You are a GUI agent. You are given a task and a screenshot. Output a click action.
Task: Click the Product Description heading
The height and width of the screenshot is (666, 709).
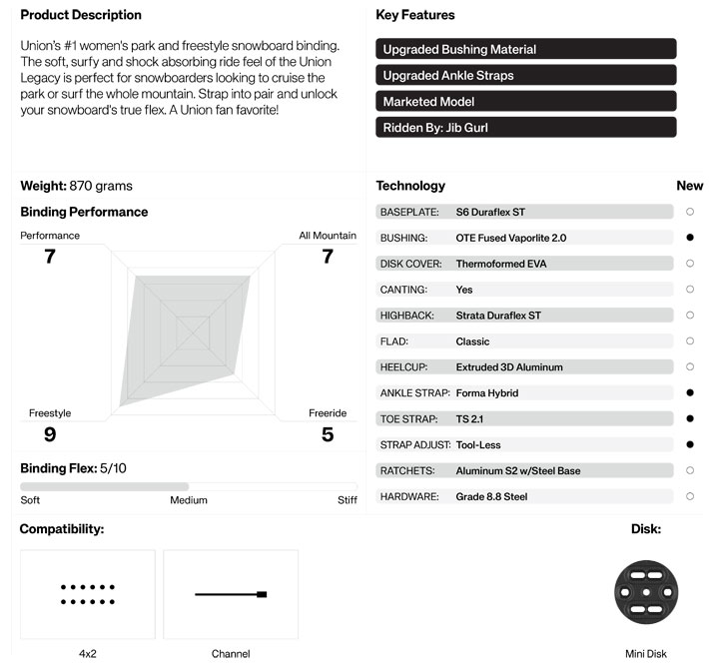(x=81, y=15)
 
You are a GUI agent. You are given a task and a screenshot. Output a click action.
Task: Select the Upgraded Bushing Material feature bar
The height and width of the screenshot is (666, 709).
(x=526, y=49)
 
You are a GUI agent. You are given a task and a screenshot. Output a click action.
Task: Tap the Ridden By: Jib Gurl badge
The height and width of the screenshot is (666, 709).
(x=526, y=128)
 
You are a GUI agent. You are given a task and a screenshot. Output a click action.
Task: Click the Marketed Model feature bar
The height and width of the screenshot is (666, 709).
(x=526, y=102)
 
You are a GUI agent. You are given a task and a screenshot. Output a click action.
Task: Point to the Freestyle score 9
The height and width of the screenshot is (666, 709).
(x=50, y=434)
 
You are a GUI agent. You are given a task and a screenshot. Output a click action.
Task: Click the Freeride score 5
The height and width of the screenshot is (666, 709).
(x=327, y=434)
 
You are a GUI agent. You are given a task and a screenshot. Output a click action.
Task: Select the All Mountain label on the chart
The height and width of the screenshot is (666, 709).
(x=328, y=236)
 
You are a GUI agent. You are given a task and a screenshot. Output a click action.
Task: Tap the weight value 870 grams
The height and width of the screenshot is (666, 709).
(x=101, y=186)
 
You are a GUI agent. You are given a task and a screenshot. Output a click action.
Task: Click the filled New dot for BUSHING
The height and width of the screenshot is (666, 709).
(x=690, y=238)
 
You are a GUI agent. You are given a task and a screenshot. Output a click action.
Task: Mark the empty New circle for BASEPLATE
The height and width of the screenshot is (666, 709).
(x=690, y=212)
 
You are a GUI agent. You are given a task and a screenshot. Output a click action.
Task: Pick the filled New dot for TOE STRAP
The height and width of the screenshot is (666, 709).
(x=690, y=419)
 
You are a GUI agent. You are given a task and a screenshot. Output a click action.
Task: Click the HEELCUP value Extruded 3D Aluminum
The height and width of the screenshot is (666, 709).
(x=509, y=367)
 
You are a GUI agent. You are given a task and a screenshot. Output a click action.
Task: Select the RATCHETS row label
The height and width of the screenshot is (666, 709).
(x=403, y=471)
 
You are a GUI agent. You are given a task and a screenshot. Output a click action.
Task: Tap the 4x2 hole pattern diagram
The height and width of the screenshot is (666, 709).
(x=88, y=594)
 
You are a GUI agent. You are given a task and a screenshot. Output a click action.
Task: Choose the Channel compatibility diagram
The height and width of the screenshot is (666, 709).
(x=231, y=594)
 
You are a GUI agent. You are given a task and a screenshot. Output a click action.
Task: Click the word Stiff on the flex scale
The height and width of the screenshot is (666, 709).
(x=347, y=500)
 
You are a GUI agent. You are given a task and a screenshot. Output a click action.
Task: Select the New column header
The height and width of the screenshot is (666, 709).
(x=690, y=186)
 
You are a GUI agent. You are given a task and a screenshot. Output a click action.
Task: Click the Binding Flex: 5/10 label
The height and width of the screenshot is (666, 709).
(x=74, y=468)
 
